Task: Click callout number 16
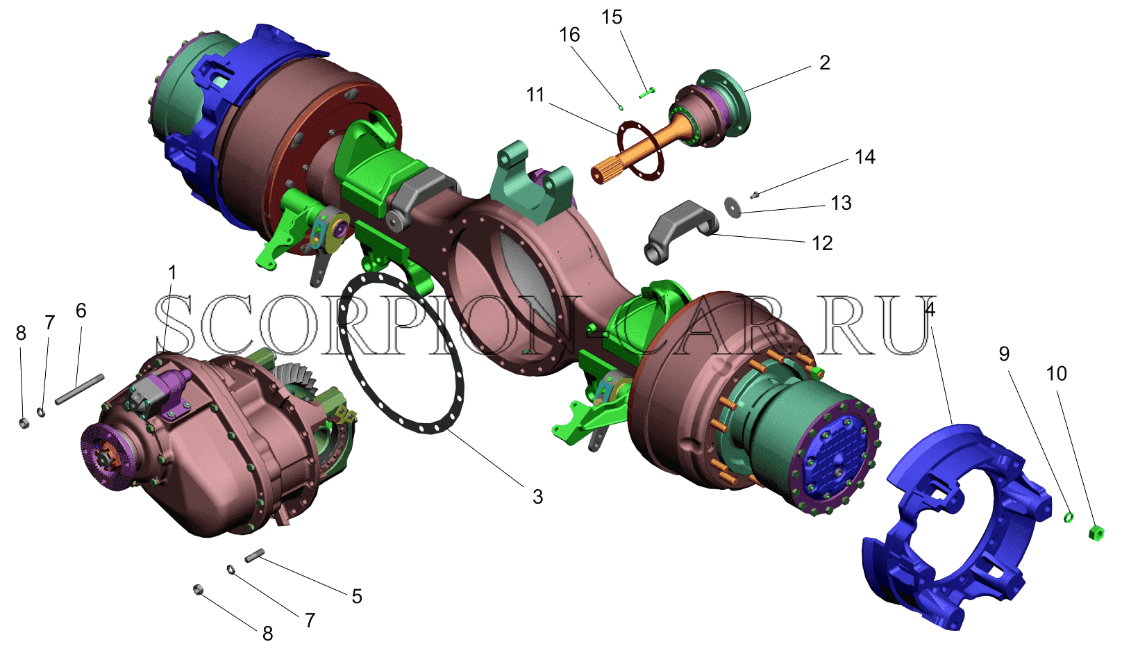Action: pyautogui.click(x=569, y=35)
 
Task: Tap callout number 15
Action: pyautogui.click(x=612, y=17)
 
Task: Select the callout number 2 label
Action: pyautogui.click(x=824, y=63)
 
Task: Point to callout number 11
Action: pyautogui.click(x=535, y=94)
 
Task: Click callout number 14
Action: pyautogui.click(x=864, y=157)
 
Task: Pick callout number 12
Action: pyautogui.click(x=822, y=243)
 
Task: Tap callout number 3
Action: pyautogui.click(x=537, y=497)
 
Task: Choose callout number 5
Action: pyautogui.click(x=357, y=596)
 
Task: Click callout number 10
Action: pyautogui.click(x=1056, y=373)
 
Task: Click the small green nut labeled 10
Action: pyautogui.click(x=1096, y=533)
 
